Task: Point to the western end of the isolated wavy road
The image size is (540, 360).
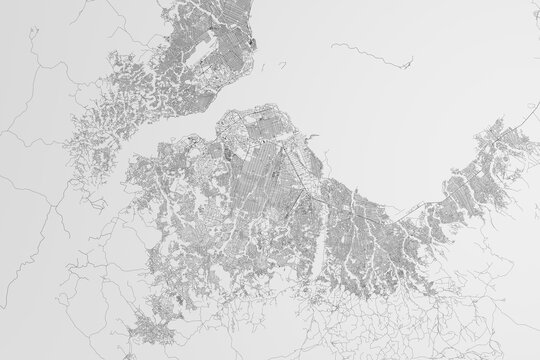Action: pyautogui.click(x=329, y=45)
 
